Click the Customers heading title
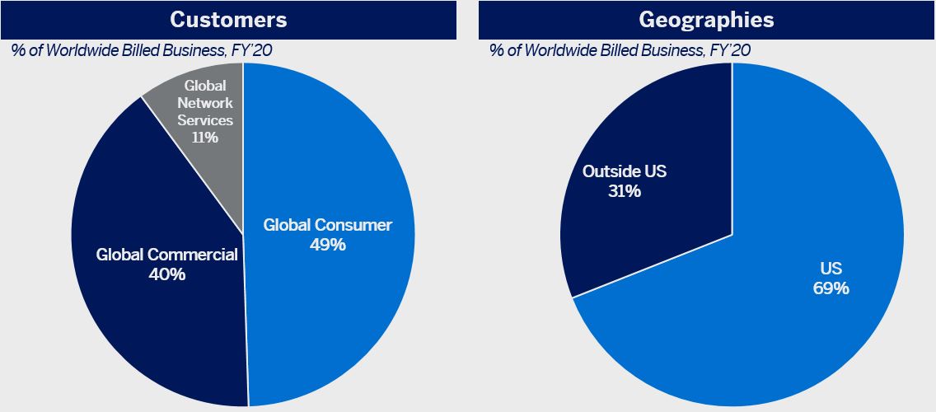click(227, 19)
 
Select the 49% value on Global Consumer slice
click(328, 245)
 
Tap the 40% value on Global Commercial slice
click(166, 274)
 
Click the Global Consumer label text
click(328, 225)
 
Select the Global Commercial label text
click(166, 255)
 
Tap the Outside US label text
click(624, 171)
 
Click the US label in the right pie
click(831, 269)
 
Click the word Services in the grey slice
click(205, 120)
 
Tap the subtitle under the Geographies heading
click(620, 50)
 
